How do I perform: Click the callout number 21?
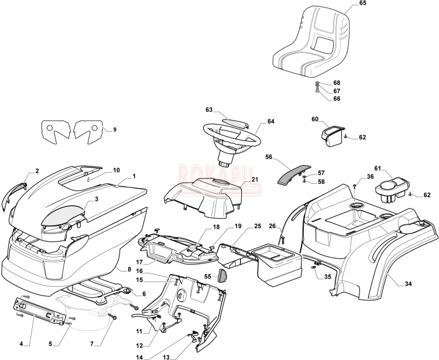click(x=255, y=179)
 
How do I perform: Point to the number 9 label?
click(x=114, y=129)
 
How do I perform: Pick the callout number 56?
click(x=269, y=157)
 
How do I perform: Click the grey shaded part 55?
click(x=222, y=275)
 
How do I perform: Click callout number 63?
click(x=209, y=109)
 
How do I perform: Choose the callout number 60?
click(x=315, y=119)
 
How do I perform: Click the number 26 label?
click(x=272, y=227)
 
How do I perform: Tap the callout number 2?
click(x=37, y=171)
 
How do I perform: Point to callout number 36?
click(x=370, y=177)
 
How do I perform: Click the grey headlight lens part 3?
click(x=62, y=215)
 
